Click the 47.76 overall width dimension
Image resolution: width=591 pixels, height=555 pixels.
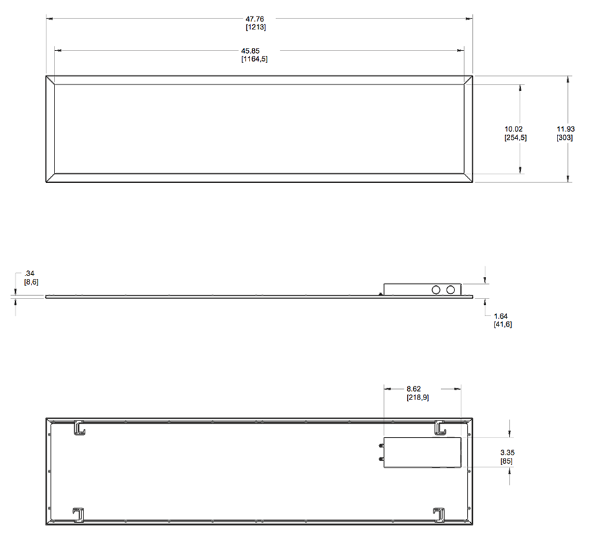pyautogui.click(x=255, y=18)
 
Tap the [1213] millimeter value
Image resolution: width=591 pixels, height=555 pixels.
pyautogui.click(x=255, y=28)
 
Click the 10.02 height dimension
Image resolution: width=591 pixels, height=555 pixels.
pyautogui.click(x=515, y=129)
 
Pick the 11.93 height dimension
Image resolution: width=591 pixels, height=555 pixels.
pyautogui.click(x=565, y=129)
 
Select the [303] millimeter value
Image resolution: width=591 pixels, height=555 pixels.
pyautogui.click(x=565, y=138)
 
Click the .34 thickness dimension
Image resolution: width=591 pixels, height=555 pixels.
pyautogui.click(x=30, y=272)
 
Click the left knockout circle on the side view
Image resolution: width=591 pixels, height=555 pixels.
pyautogui.click(x=435, y=289)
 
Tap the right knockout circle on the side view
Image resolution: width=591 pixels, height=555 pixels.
pyautogui.click(x=451, y=289)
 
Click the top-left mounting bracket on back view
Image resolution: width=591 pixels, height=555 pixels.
pyautogui.click(x=78, y=428)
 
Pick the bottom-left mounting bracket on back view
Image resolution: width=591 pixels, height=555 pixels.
pyautogui.click(x=78, y=514)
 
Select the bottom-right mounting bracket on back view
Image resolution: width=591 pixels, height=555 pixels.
pyautogui.click(x=439, y=514)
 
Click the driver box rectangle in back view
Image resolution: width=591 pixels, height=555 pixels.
pyautogui.click(x=422, y=452)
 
